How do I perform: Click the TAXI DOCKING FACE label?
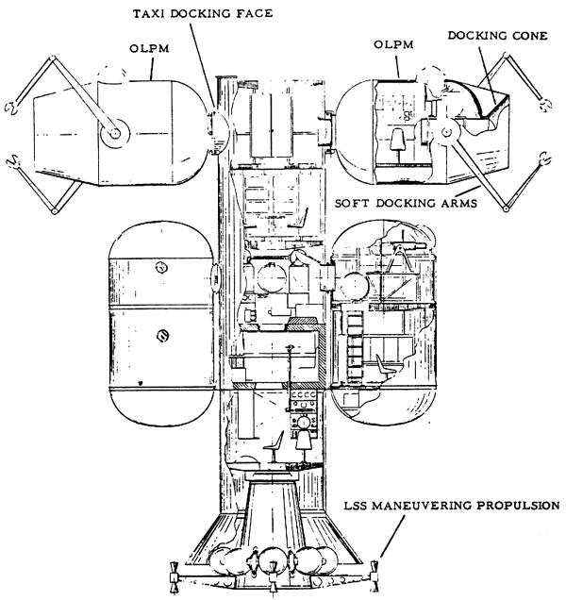coord(203,14)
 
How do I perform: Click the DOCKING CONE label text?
coord(497,36)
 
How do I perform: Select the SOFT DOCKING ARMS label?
coord(406,203)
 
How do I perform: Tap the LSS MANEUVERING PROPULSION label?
coord(452,506)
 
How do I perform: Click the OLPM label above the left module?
coord(149,49)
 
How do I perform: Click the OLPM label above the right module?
coord(393,44)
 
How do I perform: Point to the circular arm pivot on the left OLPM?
coord(115,134)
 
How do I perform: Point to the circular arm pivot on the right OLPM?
coord(446,132)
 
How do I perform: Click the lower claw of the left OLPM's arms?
coord(14,162)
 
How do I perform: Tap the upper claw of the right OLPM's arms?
coord(544,104)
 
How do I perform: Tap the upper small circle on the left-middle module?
coord(162,267)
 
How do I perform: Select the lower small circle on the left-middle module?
coord(162,336)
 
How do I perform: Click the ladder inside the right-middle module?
coord(355,346)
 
